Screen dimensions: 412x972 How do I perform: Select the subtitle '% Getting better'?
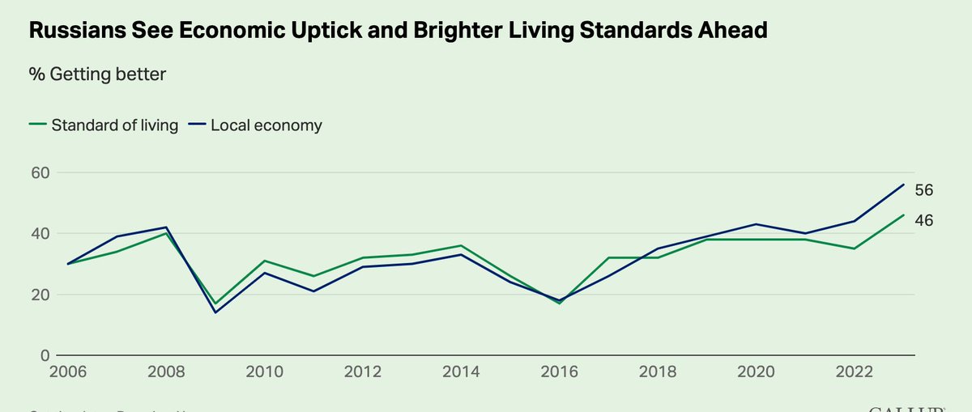97,74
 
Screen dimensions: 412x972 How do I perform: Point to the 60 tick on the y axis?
40,172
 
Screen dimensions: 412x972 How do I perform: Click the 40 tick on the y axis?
40,233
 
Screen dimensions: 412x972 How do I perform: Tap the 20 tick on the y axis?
40,295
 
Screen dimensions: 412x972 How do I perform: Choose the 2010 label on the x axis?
264,372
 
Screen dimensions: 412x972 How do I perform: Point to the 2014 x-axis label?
462,372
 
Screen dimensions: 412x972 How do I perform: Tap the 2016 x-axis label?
560,372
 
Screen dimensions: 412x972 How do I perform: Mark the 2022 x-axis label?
855,372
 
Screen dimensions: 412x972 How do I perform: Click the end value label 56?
925,190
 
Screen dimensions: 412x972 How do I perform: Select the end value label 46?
925,220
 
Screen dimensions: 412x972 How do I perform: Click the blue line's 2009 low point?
215,312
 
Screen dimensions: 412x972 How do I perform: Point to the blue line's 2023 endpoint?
904,185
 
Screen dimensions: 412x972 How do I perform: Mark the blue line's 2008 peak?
166,227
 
